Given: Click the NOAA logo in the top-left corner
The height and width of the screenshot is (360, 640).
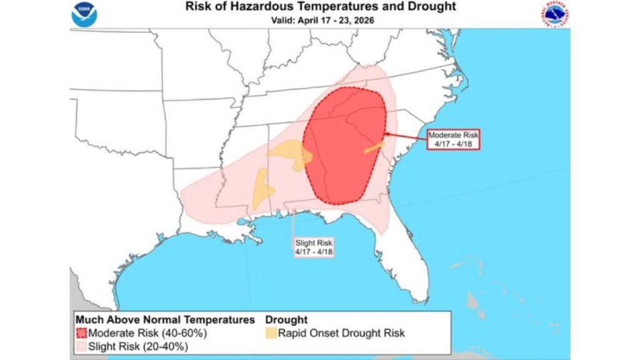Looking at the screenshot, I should click(x=84, y=15).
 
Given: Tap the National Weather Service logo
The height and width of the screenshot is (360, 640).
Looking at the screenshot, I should click(x=555, y=15).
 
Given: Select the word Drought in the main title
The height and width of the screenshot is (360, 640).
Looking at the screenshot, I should click(x=432, y=7).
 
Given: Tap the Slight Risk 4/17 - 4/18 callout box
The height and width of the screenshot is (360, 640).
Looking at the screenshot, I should click(x=315, y=246).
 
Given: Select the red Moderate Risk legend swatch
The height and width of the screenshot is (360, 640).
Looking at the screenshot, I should click(x=81, y=333).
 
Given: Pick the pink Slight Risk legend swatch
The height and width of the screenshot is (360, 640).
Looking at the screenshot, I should click(x=81, y=346).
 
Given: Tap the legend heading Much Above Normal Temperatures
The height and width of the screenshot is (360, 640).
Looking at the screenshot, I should click(x=165, y=320).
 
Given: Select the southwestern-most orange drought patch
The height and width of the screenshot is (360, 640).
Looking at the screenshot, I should click(x=262, y=189).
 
